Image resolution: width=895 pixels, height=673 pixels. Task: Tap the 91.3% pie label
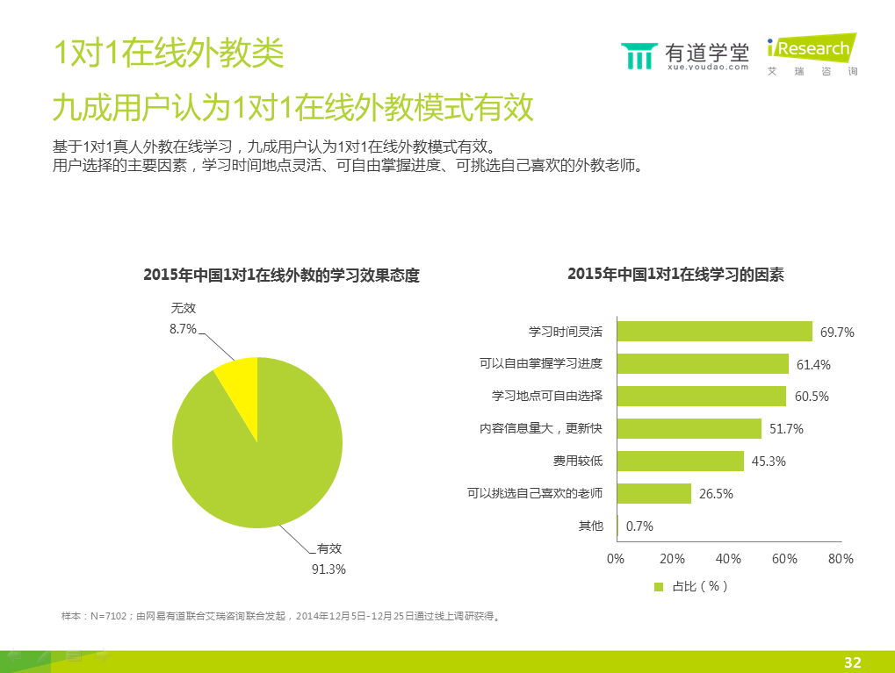pyautogui.click(x=329, y=569)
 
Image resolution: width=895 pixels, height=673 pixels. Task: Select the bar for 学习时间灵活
pyautogui.click(x=714, y=331)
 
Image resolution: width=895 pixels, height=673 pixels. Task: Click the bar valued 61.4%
pyautogui.click(x=703, y=363)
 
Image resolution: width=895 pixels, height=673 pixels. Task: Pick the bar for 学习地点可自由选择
pyautogui.click(x=701, y=396)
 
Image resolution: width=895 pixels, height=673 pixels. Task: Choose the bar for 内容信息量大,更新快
pyautogui.click(x=689, y=428)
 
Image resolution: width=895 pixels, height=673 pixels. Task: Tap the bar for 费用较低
pyautogui.click(x=680, y=461)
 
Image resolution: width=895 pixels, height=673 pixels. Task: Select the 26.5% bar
pyautogui.click(x=653, y=493)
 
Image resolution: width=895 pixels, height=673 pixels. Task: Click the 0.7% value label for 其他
pyautogui.click(x=639, y=526)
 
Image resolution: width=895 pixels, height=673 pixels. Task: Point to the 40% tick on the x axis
pyautogui.click(x=728, y=559)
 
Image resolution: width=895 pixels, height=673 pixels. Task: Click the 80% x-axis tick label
pyautogui.click(x=841, y=559)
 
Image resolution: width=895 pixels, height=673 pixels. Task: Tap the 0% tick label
pyautogui.click(x=616, y=559)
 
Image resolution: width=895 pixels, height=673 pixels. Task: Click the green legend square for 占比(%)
pyautogui.click(x=659, y=586)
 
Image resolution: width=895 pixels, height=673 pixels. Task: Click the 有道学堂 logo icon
pyautogui.click(x=639, y=55)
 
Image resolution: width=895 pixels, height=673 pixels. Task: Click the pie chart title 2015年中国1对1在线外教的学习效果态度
pyautogui.click(x=281, y=276)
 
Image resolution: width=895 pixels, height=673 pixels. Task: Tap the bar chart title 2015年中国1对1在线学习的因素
pyautogui.click(x=675, y=275)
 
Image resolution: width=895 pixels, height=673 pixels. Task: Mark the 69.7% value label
pyautogui.click(x=837, y=333)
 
